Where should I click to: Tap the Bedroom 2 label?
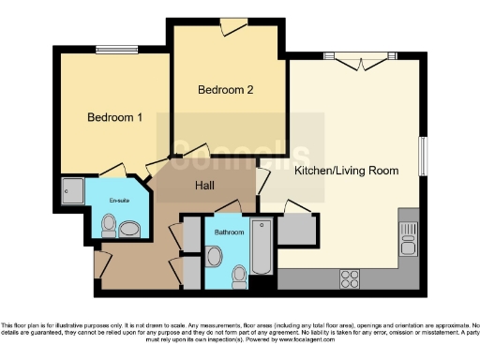pos(226,90)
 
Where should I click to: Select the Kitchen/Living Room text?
pos(347,172)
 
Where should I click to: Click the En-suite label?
pos(118,200)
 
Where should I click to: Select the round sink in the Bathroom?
pos(215,256)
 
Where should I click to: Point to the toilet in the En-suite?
pos(109,225)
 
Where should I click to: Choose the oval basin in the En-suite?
pos(129,227)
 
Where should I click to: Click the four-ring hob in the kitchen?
pos(349,278)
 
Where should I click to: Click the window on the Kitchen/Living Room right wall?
pos(423,156)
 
